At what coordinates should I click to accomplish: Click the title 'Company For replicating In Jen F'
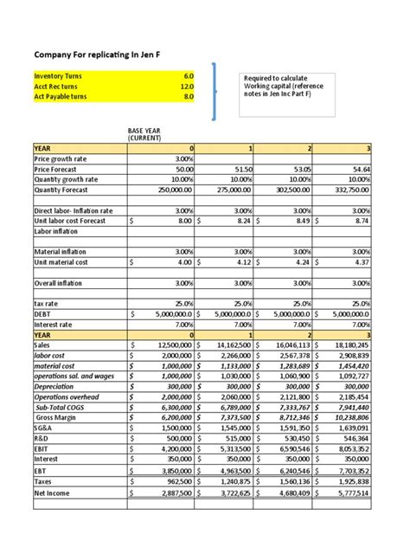(x=96, y=54)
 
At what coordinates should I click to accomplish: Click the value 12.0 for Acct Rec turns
(x=186, y=87)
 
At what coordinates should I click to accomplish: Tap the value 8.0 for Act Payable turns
(x=188, y=97)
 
